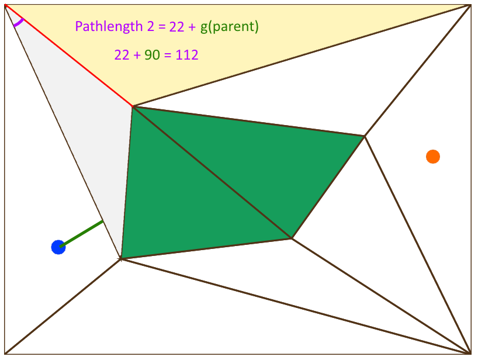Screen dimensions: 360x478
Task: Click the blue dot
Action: click(58, 247)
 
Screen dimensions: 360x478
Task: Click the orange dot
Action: click(432, 157)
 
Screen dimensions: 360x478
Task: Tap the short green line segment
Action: click(81, 233)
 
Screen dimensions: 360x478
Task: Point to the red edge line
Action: click(70, 56)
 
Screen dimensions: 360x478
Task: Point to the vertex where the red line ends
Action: click(133, 106)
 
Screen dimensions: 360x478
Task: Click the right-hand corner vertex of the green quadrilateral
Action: click(365, 136)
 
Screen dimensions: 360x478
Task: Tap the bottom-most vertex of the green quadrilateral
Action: click(291, 238)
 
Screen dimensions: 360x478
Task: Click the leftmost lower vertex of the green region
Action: click(121, 258)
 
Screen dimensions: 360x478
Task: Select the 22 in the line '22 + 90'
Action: click(122, 56)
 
